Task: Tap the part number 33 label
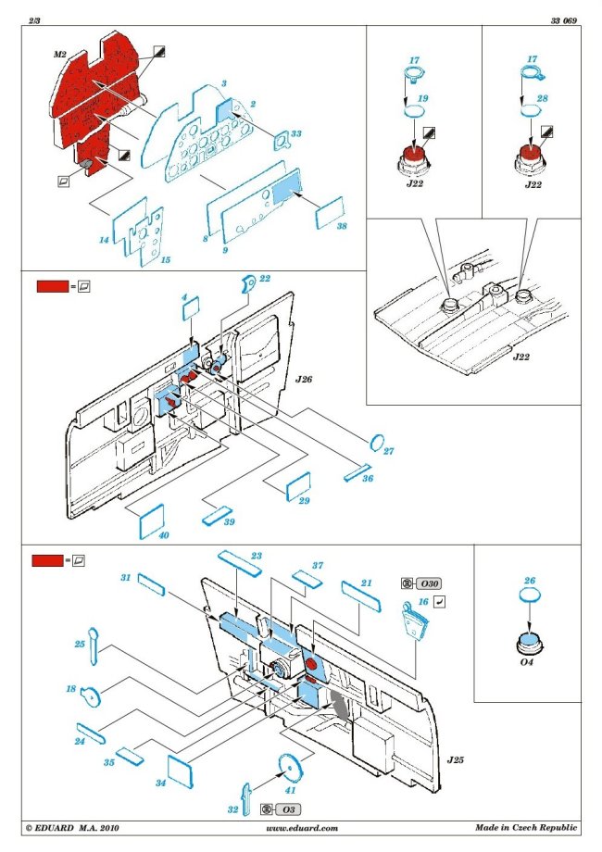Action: coord(295,134)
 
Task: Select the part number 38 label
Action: coord(342,225)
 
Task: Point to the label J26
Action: coord(305,380)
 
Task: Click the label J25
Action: coord(455,759)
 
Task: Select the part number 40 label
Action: coord(138,536)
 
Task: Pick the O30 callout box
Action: coord(428,583)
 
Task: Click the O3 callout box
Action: coord(290,808)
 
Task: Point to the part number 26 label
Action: coord(529,582)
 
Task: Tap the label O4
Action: coord(528,661)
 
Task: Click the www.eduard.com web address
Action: coord(301,828)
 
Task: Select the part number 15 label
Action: coord(167,259)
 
